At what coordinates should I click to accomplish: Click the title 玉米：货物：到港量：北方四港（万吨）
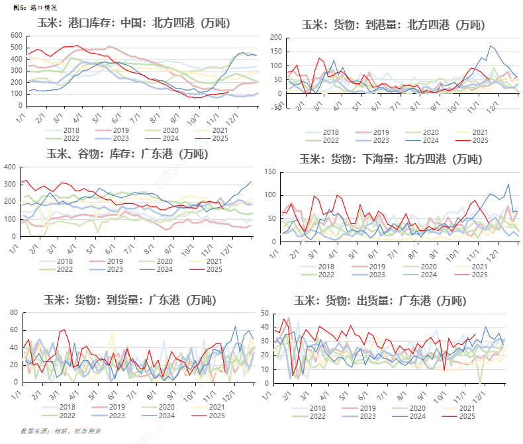pyautogui.click(x=393, y=25)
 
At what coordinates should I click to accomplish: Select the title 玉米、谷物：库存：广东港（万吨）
pyautogui.click(x=126, y=154)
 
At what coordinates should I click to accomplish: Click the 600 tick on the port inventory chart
pyautogui.click(x=16, y=32)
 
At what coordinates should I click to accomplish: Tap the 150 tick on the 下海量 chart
pyautogui.click(x=270, y=172)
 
